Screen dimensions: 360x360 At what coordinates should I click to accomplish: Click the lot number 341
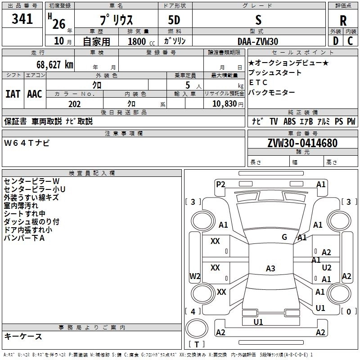tap(22, 19)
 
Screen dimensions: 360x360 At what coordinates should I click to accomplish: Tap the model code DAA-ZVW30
tap(258, 41)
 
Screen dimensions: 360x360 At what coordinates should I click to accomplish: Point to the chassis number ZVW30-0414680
tap(302, 143)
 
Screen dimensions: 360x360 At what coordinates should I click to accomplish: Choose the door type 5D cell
tap(174, 20)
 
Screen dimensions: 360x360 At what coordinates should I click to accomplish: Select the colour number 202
tap(74, 104)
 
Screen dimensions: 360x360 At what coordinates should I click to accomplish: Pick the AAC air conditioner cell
tap(35, 94)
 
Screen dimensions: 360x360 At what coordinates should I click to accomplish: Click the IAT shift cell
tap(13, 94)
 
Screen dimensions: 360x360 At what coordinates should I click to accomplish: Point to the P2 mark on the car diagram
tap(220, 184)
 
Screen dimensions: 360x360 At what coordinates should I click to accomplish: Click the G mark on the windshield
tap(284, 237)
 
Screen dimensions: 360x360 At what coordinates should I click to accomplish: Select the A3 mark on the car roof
tap(270, 269)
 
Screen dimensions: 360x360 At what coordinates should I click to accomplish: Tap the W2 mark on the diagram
tap(195, 276)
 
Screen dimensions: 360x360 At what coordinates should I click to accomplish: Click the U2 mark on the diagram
tap(327, 268)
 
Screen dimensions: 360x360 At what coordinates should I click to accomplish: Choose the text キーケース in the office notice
tap(23, 337)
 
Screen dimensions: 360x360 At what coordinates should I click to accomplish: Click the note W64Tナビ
tap(27, 143)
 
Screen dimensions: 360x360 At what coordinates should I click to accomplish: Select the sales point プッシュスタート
tap(275, 73)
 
